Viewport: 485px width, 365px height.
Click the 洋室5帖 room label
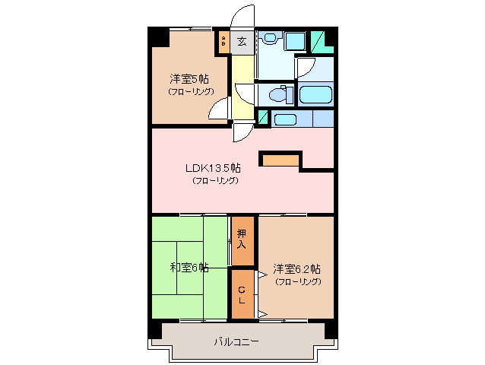tap(189, 78)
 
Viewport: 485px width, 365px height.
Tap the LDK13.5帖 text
tap(214, 168)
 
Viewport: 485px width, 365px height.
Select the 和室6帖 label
tap(189, 267)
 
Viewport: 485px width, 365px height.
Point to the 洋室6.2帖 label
tap(296, 268)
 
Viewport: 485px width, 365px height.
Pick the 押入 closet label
tap(241, 240)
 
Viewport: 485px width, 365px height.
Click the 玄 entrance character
tap(242, 42)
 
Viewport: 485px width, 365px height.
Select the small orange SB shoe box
tap(223, 41)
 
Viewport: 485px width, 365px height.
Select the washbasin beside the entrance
tap(271, 40)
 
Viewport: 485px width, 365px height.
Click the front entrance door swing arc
tap(246, 17)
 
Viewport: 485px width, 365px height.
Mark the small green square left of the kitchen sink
tap(263, 118)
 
